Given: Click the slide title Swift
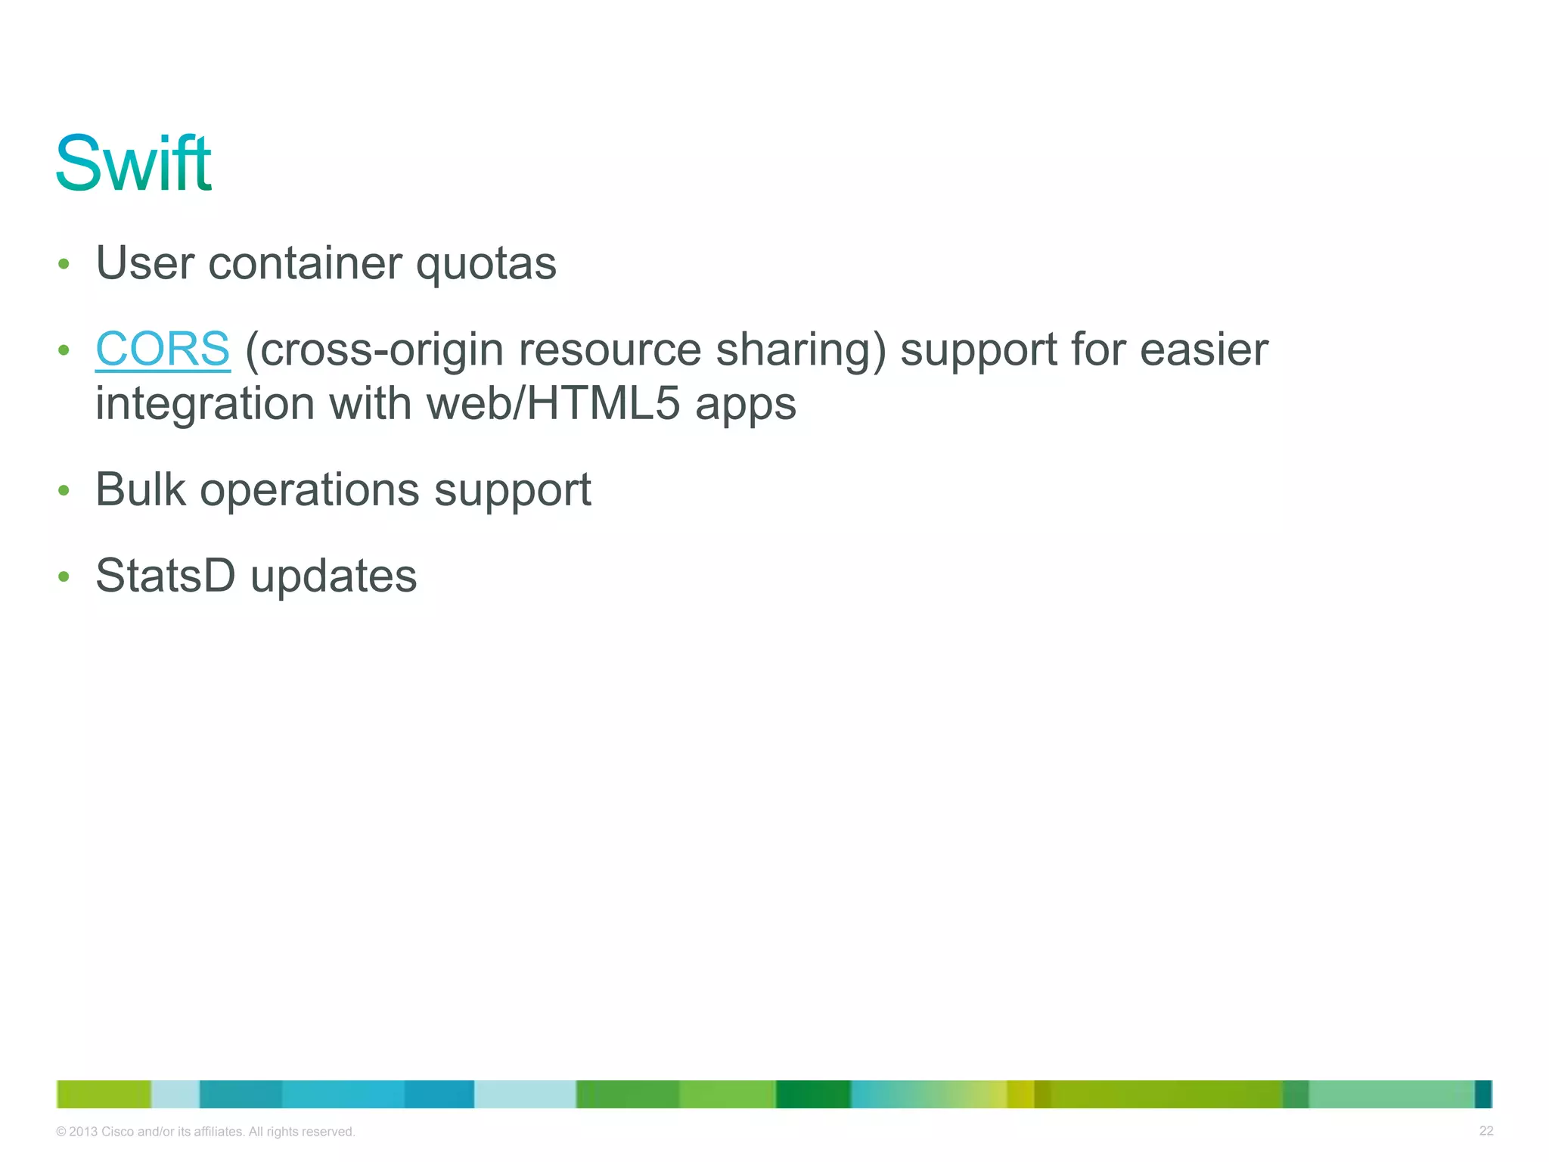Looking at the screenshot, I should (x=133, y=163).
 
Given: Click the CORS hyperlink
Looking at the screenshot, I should (x=162, y=350).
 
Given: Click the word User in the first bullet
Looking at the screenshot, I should (x=144, y=263).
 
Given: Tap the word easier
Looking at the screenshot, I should (x=1203, y=350).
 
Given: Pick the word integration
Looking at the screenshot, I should (x=204, y=403).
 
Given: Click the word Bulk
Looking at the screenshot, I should (x=140, y=489).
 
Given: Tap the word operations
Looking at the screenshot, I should (x=309, y=491).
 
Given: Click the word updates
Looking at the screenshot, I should (x=334, y=576).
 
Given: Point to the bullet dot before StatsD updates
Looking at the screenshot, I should (x=64, y=577).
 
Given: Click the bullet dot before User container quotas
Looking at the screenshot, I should (x=64, y=264).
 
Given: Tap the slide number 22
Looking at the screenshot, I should (x=1485, y=1131).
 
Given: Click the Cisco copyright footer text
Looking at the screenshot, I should (x=206, y=1132).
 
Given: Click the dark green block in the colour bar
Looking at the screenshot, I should (x=813, y=1094).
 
